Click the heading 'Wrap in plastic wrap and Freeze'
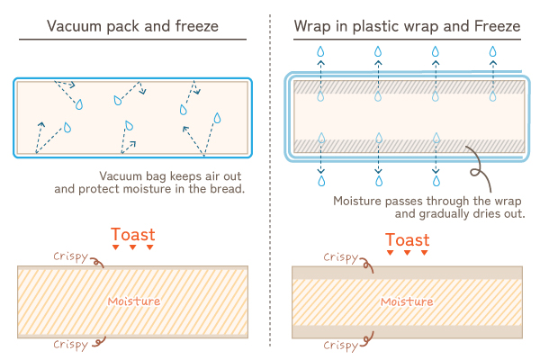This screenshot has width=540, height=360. (407, 25)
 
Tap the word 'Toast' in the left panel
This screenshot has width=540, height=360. (131, 232)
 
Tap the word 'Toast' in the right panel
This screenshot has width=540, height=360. (407, 239)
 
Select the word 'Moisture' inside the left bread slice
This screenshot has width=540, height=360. (133, 301)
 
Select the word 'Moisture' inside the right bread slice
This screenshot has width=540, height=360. (407, 301)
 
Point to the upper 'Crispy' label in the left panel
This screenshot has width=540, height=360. (70, 256)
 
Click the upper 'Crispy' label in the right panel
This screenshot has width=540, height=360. (341, 257)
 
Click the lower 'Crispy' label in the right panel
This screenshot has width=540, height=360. (341, 344)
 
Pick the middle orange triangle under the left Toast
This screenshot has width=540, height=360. (132, 247)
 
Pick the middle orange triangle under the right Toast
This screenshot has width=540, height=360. (407, 253)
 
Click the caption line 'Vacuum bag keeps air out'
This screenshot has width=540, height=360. (173, 175)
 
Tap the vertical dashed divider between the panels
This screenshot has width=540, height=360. (270, 180)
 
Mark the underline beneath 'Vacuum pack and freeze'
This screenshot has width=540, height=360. (132, 40)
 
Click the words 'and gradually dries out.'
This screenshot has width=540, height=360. (460, 214)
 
